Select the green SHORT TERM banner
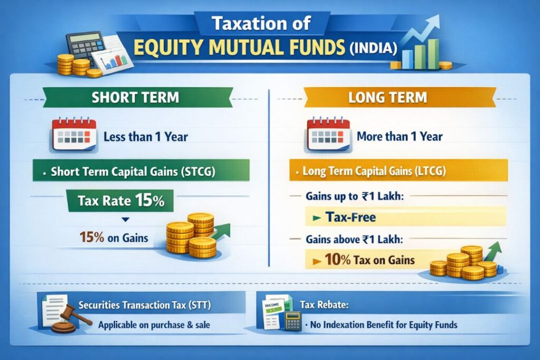point(135,98)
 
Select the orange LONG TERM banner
point(399,98)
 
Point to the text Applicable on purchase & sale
point(154,325)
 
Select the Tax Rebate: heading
point(324,305)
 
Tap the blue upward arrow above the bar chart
point(427,26)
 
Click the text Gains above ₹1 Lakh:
point(353,239)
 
